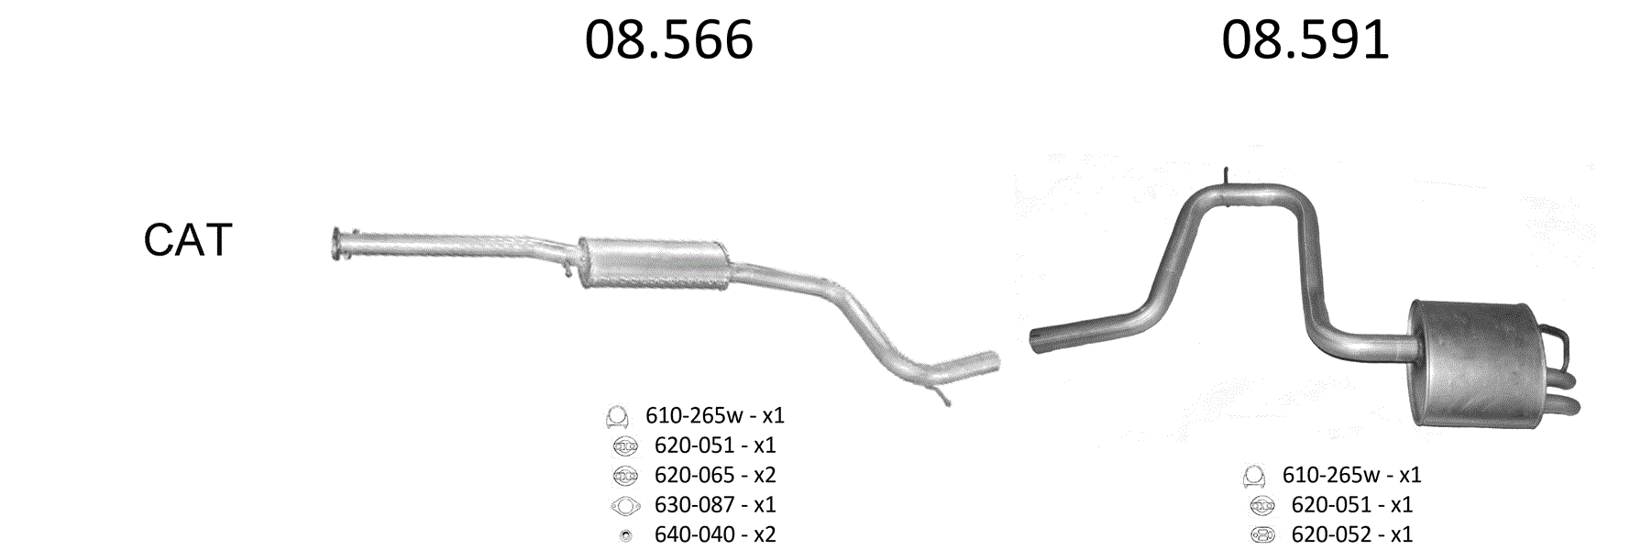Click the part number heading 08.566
(x=669, y=40)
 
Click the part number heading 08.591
(x=1305, y=40)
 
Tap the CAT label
(x=188, y=240)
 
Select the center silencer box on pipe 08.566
(x=654, y=264)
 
